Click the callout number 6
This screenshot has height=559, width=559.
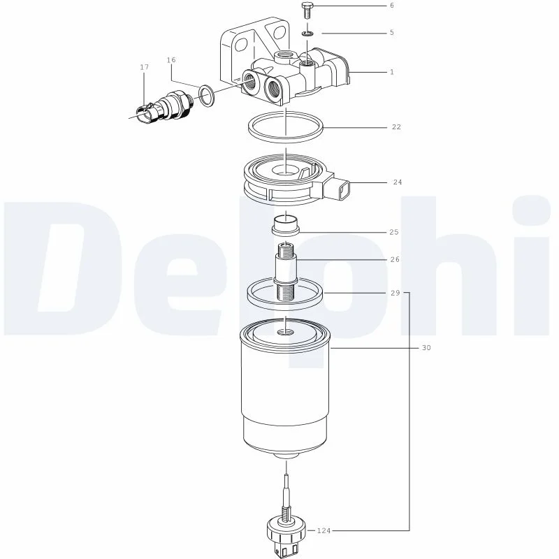392,6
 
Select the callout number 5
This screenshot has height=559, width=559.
392,33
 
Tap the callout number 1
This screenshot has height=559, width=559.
392,72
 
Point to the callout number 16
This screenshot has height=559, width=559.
171,60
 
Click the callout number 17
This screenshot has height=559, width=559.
144,67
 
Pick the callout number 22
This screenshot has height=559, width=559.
396,127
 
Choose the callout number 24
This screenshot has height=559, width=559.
398,182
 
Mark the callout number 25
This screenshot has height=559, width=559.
394,232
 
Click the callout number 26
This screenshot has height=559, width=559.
395,259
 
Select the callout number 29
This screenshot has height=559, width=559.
395,293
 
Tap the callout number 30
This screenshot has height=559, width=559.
426,347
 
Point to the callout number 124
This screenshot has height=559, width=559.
324,531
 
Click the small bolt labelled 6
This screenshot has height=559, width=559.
306,10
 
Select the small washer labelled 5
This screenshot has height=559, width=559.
307,34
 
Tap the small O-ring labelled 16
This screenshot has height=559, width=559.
207,96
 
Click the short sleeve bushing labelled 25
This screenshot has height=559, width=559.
285,226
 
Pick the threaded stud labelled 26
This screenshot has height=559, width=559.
285,271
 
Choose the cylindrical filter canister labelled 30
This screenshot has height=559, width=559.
285,389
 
